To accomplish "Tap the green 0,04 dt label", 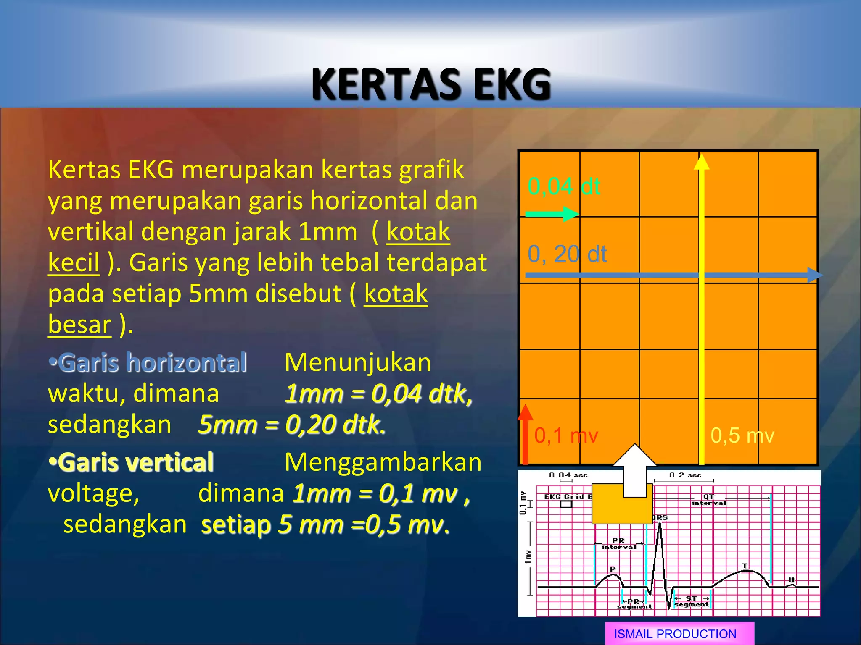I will (x=563, y=186).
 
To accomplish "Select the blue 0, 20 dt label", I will (x=567, y=254).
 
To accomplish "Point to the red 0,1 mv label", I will (x=566, y=435).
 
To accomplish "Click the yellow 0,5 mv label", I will (x=742, y=435).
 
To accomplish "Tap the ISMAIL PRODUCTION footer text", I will (x=675, y=634).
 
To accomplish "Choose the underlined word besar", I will (x=79, y=325).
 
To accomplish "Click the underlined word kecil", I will (x=74, y=262).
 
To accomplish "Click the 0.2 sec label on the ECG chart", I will (x=685, y=475).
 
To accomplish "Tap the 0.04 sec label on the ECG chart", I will (x=568, y=475).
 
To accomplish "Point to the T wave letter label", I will (x=745, y=566).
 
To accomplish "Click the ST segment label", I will (x=692, y=601).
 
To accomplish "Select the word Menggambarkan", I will (x=383, y=462).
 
